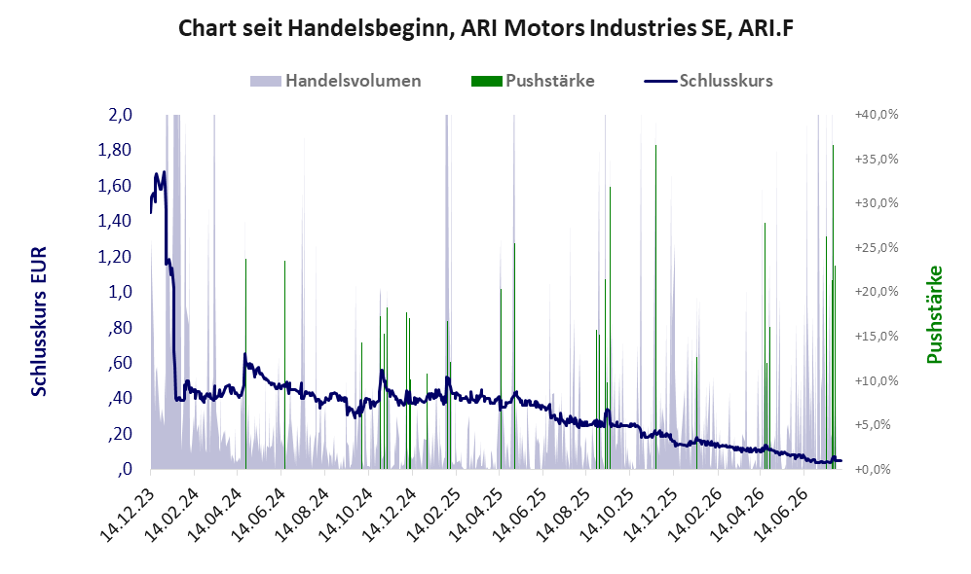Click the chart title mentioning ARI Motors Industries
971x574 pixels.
[485, 28]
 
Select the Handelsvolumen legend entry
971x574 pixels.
[336, 81]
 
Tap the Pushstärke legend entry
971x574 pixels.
[533, 81]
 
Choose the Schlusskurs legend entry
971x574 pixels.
[708, 81]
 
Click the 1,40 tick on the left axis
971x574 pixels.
[115, 221]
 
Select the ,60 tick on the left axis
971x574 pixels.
[121, 363]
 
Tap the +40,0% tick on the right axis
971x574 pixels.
[877, 115]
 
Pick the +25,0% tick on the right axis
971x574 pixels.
[877, 247]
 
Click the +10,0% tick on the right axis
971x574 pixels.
[877, 380]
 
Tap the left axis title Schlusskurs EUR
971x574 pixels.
[39, 322]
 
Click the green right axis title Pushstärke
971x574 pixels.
[934, 315]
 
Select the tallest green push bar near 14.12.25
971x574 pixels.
[655, 306]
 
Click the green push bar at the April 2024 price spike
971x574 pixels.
[245, 364]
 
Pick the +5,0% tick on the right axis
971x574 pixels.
[877, 425]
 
